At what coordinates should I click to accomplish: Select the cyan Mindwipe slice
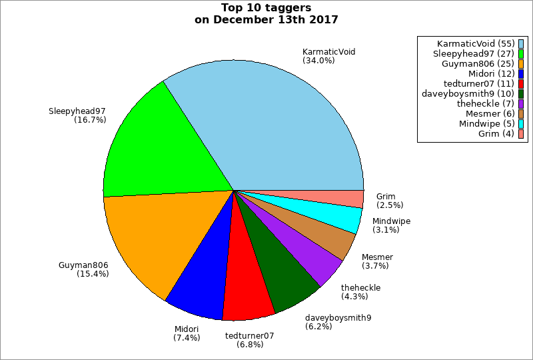(x=343, y=216)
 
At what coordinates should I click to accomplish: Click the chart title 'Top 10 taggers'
(x=266, y=8)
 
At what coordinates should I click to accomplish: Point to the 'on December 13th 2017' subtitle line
(x=266, y=20)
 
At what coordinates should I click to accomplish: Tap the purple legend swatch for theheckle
(x=521, y=103)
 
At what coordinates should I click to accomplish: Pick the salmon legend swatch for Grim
(x=521, y=133)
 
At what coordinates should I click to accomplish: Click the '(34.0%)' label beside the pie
(x=318, y=61)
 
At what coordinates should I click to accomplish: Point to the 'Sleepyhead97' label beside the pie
(x=77, y=111)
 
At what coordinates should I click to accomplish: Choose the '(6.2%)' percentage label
(x=318, y=327)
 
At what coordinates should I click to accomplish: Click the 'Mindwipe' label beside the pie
(x=391, y=221)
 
